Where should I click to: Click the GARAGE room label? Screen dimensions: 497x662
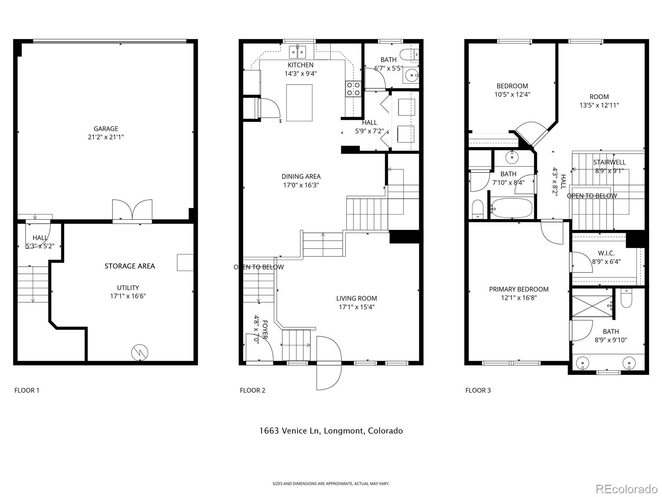click(106, 129)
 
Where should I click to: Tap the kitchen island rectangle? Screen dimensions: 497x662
click(299, 103)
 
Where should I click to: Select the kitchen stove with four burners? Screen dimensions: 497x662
click(353, 89)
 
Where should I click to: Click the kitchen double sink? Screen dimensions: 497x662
click(297, 52)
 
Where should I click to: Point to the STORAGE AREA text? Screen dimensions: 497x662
click(130, 266)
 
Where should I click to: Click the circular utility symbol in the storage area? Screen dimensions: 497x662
click(140, 352)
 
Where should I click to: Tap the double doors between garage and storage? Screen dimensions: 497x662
click(132, 210)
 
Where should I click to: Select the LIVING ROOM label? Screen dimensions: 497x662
click(356, 298)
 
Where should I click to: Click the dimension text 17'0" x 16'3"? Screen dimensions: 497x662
click(301, 185)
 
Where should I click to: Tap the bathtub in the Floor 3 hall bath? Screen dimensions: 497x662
click(511, 207)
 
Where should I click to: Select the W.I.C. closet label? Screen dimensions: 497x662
click(606, 253)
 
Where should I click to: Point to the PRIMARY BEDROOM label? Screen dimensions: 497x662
click(519, 289)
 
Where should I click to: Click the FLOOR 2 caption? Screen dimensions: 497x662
click(252, 390)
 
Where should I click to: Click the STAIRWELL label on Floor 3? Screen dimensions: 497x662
click(609, 162)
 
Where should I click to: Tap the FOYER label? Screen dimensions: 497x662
click(264, 329)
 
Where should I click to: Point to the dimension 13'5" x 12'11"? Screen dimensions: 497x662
click(599, 105)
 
